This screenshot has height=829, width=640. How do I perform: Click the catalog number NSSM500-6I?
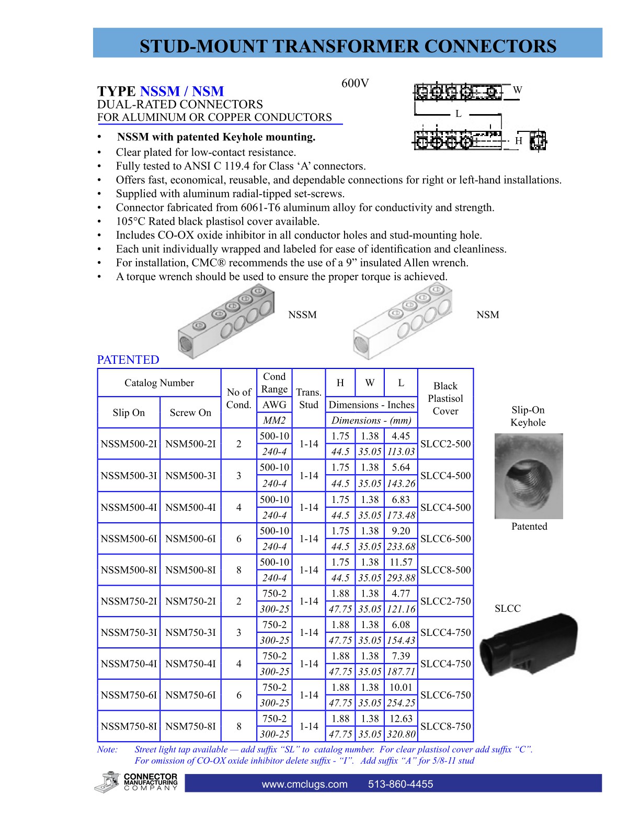tap(129, 539)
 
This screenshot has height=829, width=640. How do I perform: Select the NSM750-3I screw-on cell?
tap(190, 632)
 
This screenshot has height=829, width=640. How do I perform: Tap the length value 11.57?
tap(401, 562)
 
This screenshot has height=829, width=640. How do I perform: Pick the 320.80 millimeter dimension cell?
tap(401, 734)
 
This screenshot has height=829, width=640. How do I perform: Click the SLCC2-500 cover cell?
tap(445, 444)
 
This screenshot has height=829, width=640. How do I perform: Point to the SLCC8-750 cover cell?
tap(445, 726)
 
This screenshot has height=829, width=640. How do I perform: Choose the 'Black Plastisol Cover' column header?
tap(445, 398)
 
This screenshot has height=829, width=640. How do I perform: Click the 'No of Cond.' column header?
tap(239, 398)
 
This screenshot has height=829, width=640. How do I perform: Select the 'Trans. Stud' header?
tap(308, 398)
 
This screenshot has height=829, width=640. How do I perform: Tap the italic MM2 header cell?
tap(274, 420)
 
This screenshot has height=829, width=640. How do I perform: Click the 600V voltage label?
tap(355, 84)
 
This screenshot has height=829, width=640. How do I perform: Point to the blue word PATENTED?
tap(128, 360)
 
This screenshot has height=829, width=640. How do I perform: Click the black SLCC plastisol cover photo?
tap(529, 644)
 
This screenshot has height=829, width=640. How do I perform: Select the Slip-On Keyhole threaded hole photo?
tap(529, 476)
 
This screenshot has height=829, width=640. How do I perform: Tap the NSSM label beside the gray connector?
tap(302, 315)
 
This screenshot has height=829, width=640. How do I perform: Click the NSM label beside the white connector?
tap(487, 315)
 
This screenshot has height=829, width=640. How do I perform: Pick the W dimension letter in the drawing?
tap(517, 90)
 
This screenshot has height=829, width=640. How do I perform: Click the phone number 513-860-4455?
tap(401, 784)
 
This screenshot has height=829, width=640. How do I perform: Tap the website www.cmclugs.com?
tap(304, 784)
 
